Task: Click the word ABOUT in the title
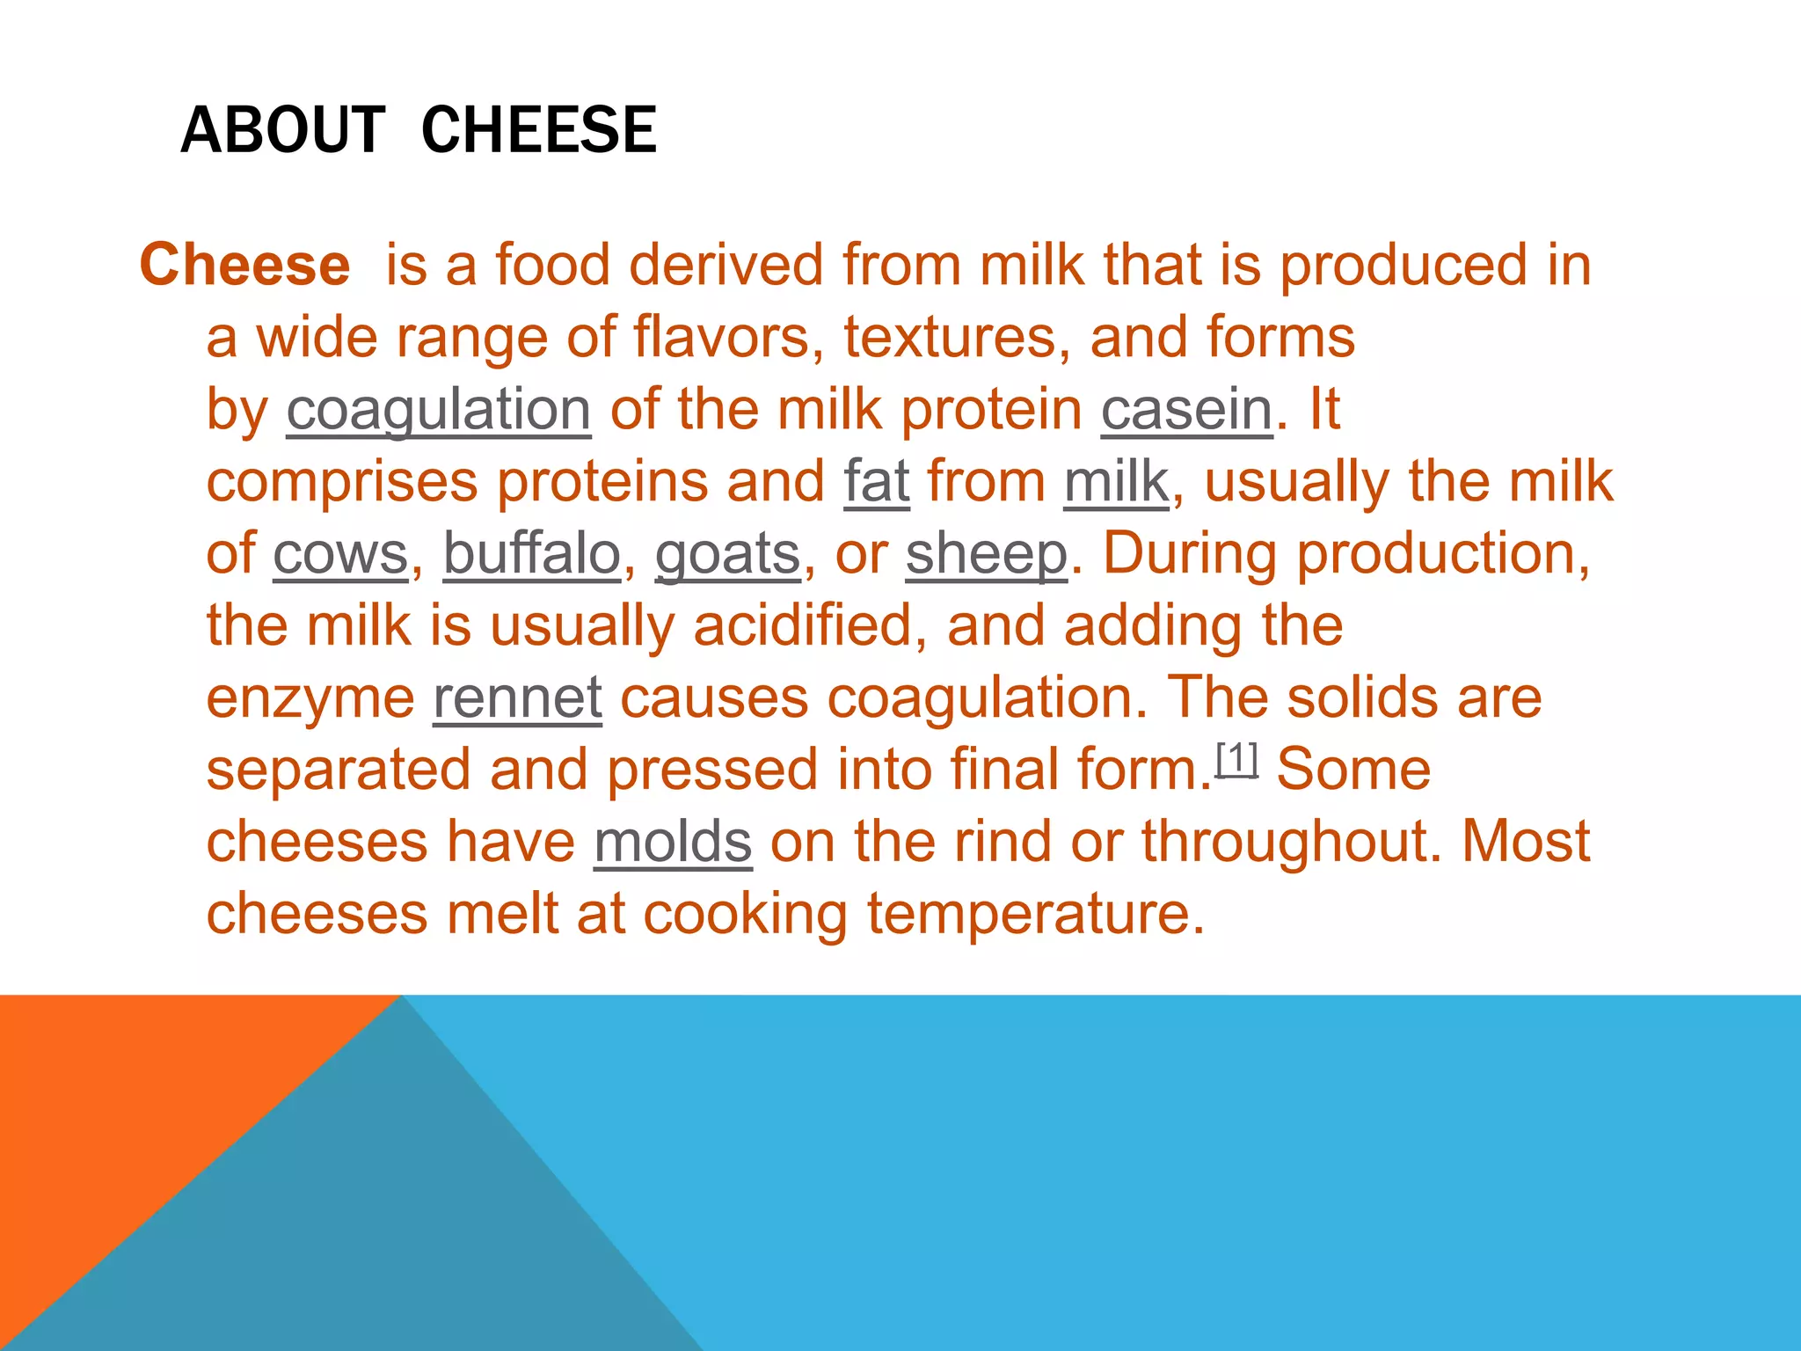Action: [282, 130]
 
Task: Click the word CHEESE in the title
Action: [538, 130]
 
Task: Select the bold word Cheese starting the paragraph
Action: [244, 265]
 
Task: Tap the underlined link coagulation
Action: [438, 410]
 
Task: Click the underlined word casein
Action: [1186, 410]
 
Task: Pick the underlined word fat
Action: [876, 482]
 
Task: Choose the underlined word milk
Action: [1116, 482]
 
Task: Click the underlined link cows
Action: [340, 554]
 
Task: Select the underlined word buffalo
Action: [531, 554]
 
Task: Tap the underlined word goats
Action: [727, 554]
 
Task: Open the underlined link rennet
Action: [517, 698]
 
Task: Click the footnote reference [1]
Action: [1236, 758]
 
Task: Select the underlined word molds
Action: [673, 843]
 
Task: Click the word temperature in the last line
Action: [1035, 915]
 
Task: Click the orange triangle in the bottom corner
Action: [132, 1099]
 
